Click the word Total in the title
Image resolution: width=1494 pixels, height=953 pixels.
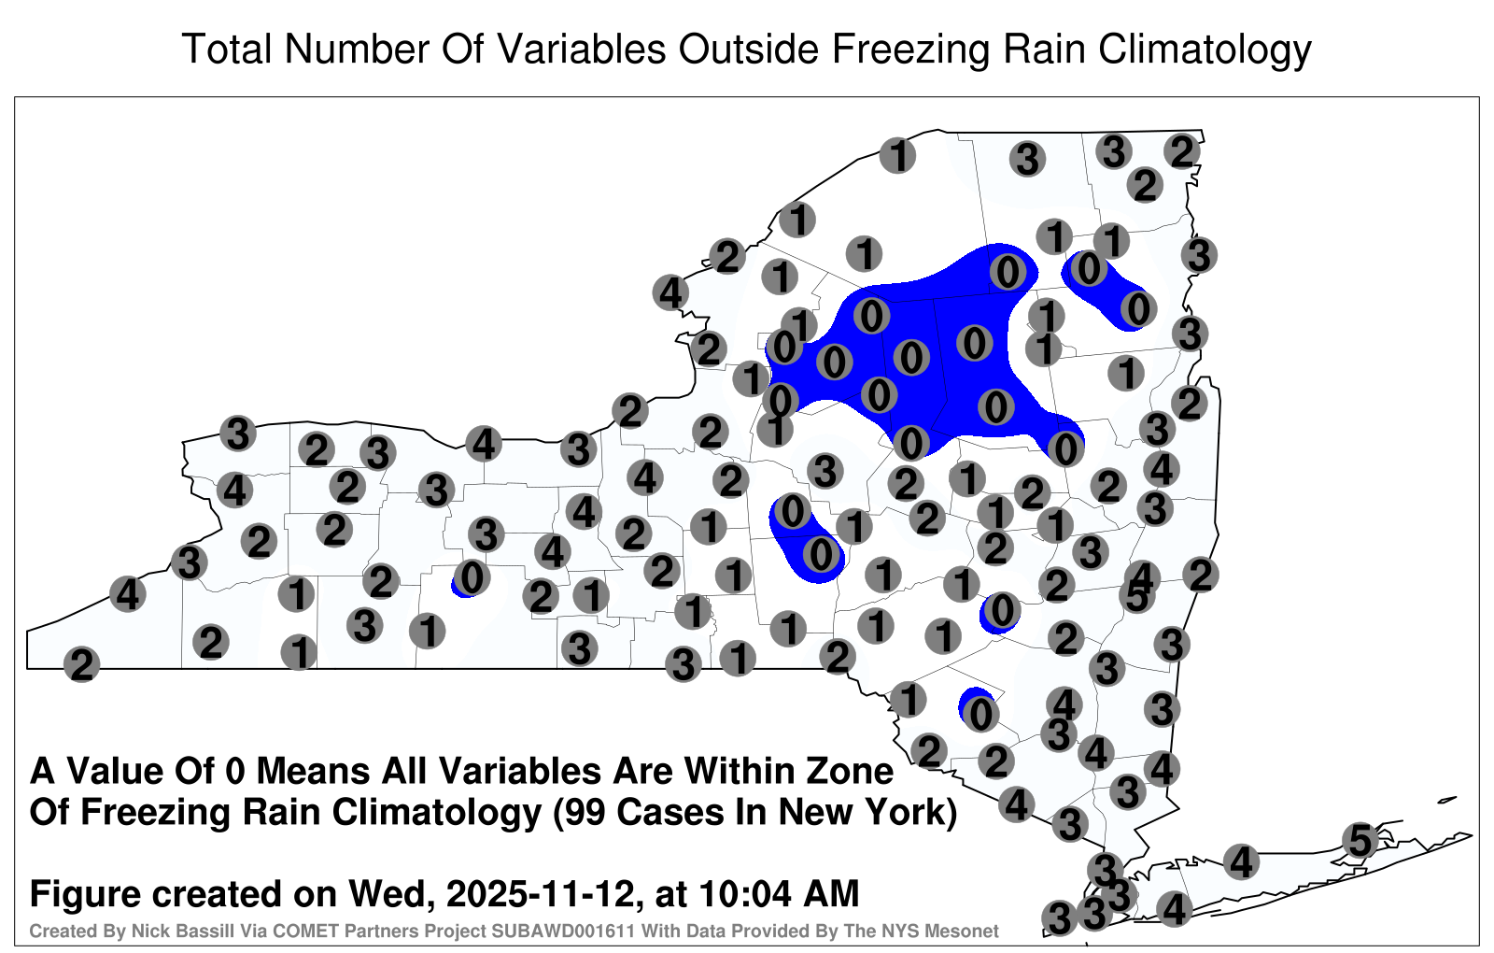click(x=227, y=49)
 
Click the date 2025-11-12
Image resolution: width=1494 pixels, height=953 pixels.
click(x=540, y=894)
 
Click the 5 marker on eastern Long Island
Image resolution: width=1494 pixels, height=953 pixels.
click(x=1360, y=840)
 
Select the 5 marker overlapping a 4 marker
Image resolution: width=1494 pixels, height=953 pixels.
click(x=1136, y=596)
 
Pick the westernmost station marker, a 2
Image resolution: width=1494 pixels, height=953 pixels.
click(x=81, y=664)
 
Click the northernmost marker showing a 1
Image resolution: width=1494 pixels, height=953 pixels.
click(x=897, y=155)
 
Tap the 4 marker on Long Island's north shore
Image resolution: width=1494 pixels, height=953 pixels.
click(x=1241, y=861)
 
